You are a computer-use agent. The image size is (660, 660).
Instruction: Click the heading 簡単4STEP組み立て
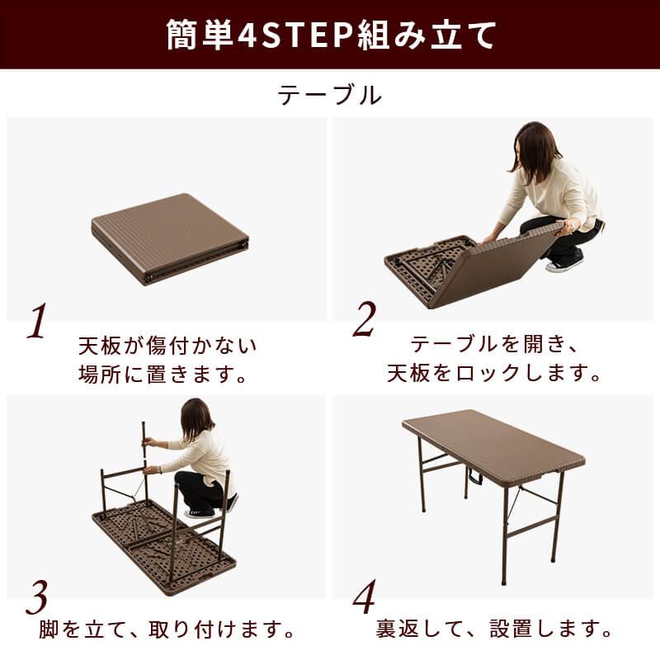330,35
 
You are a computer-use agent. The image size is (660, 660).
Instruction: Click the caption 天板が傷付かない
167,344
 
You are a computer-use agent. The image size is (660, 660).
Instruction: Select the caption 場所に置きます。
163,375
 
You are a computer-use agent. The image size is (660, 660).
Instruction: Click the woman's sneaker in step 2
563,264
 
